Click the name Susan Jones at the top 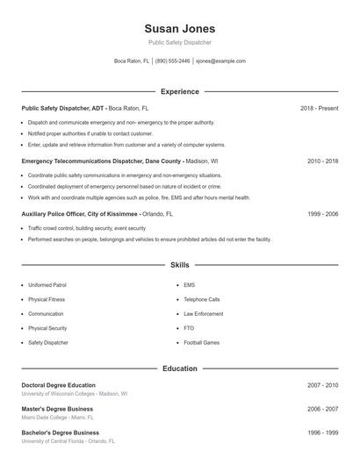point(179,28)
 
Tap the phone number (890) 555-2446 point(173,61)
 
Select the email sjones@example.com point(220,61)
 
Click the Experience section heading point(179,91)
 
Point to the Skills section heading point(179,264)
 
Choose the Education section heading point(179,368)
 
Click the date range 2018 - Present point(319,108)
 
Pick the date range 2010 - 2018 point(322,161)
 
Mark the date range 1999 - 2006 point(322,213)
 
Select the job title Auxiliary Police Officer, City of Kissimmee point(79,213)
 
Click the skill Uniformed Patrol point(47,285)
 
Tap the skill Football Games point(202,342)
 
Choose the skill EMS point(190,285)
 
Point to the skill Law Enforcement point(204,313)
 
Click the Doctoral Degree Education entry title point(58,385)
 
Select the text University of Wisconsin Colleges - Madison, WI point(74,394)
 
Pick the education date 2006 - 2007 point(322,409)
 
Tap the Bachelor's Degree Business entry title point(60,433)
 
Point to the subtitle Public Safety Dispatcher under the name point(179,42)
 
